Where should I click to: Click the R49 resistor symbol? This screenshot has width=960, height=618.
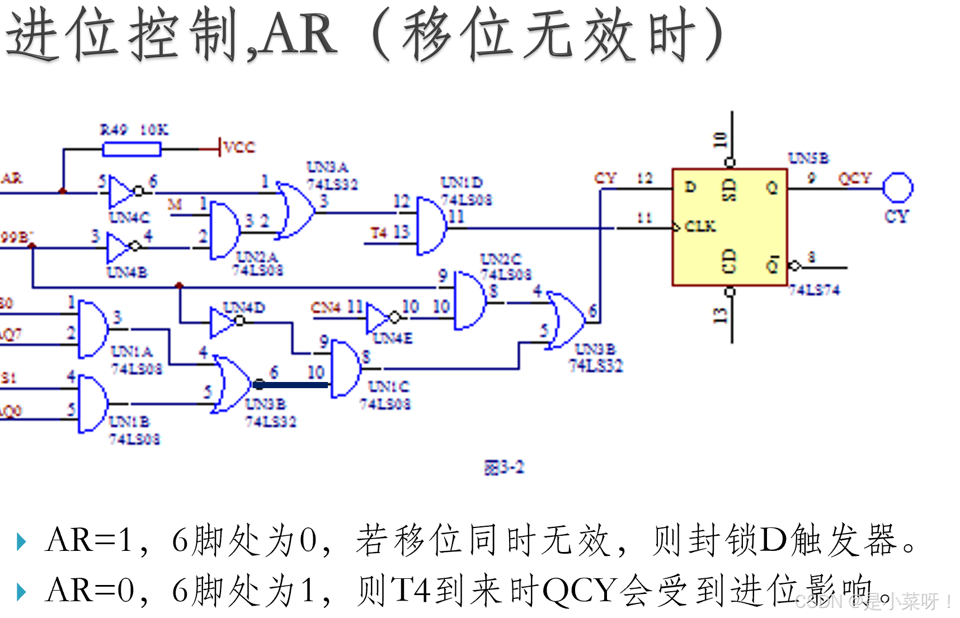132,149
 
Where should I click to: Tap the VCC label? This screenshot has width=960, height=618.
239,147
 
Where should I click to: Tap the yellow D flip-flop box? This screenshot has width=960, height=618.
730,227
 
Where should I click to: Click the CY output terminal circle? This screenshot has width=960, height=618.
897,188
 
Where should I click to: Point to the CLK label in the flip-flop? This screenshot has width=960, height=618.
700,227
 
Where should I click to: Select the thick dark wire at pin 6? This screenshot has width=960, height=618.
291,385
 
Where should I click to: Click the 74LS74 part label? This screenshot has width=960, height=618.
814,290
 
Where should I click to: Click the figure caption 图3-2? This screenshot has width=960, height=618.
503,468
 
